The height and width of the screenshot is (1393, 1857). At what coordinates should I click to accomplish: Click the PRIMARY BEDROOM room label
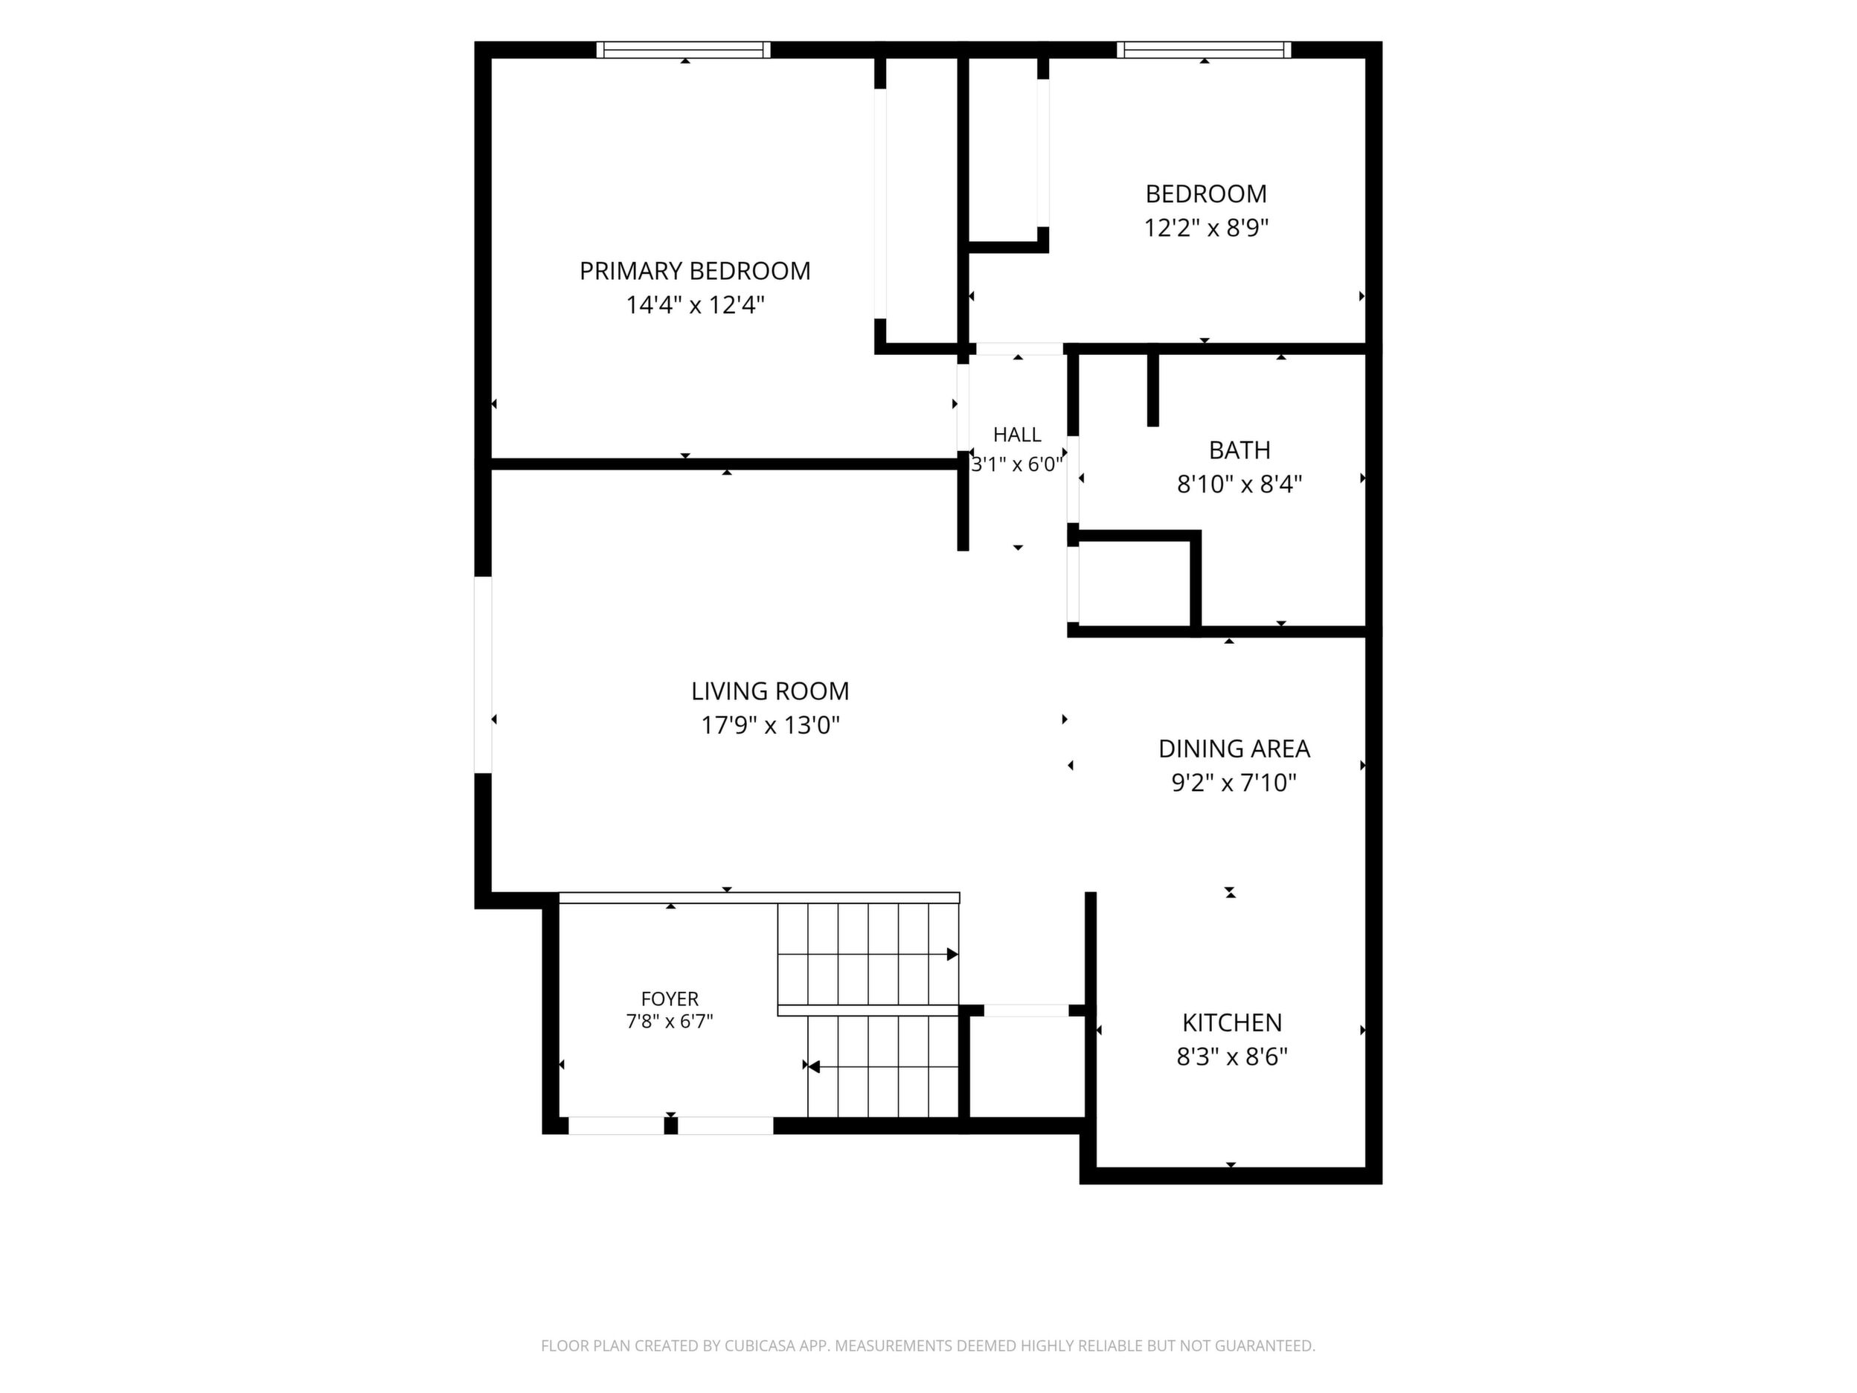click(695, 271)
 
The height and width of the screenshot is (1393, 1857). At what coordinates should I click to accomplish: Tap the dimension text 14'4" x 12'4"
click(695, 305)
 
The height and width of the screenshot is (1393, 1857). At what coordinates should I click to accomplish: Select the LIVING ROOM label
click(770, 691)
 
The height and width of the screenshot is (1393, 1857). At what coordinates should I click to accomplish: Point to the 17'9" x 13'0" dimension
click(770, 725)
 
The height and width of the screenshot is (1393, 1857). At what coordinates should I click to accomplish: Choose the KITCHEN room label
click(1231, 1022)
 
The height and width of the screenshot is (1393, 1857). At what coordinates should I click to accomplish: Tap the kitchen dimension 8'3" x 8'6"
click(1231, 1057)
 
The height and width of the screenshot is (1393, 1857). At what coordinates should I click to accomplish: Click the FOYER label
click(669, 999)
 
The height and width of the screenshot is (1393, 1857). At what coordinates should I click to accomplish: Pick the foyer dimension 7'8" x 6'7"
click(669, 1022)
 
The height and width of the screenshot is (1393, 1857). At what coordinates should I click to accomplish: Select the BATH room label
click(1239, 450)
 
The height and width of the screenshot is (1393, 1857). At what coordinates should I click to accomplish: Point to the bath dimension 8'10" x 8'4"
click(1239, 484)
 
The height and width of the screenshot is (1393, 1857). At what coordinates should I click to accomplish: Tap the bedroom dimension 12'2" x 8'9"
click(1205, 228)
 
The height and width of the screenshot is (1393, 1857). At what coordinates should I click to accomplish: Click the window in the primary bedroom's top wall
click(684, 50)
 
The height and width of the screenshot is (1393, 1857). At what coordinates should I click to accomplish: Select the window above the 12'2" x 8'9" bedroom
click(1204, 50)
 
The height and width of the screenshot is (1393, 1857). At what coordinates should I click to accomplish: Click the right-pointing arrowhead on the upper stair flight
click(953, 954)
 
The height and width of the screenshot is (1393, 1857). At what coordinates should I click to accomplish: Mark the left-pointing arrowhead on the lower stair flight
click(813, 1066)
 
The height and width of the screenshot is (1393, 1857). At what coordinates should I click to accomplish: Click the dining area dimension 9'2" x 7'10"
click(1234, 783)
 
